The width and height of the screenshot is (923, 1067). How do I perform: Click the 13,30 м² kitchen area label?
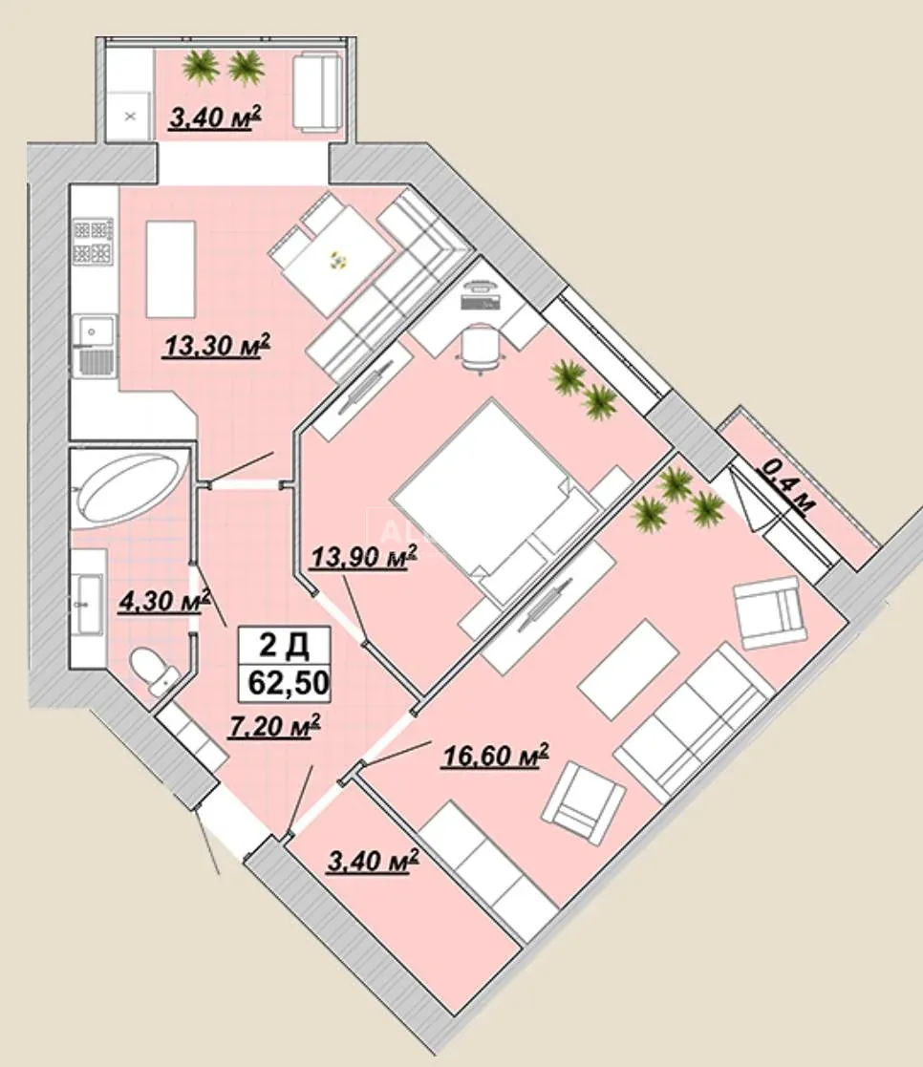coord(217,345)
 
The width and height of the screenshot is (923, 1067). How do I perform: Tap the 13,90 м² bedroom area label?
coord(363,557)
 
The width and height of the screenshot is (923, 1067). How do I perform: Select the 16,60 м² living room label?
coord(496,755)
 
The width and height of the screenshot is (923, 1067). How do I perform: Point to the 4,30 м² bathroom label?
coord(163,601)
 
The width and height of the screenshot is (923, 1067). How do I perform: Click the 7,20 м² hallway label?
coord(275,726)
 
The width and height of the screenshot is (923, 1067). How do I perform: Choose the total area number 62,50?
coord(289,682)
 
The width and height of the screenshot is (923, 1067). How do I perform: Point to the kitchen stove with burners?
coord(94,241)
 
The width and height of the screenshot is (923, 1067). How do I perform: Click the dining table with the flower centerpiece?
coord(338,259)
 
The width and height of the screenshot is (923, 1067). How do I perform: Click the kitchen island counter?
coord(171,268)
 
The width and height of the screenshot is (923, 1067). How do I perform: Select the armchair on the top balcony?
coord(316,94)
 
